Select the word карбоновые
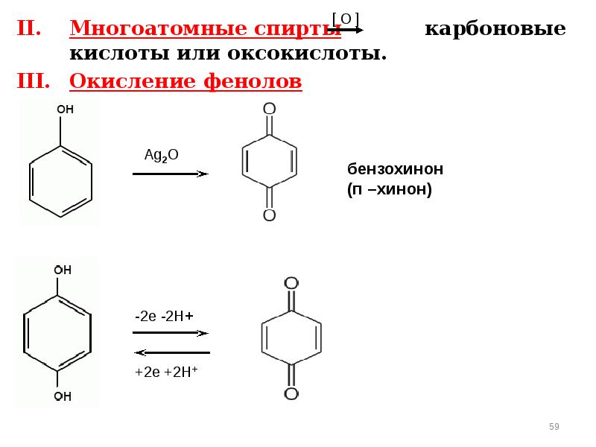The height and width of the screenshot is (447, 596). pos(495,30)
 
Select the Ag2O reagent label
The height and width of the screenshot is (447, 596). pos(161,155)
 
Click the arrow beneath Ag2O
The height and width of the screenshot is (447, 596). pos(170,174)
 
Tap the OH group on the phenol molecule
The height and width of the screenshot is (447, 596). pos(66,109)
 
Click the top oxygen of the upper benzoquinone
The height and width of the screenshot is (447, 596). pos(269,110)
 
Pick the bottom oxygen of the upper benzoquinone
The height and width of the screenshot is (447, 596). pos(269,215)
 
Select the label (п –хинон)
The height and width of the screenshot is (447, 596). pos(389,190)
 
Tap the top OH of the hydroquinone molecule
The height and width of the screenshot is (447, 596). pos(63,270)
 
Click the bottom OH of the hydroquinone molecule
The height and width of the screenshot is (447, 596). pos(63,396)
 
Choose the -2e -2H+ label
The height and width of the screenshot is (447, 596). pos(165,316)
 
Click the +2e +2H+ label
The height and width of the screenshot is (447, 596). pos(165,371)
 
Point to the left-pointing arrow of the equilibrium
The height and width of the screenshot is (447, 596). pos(171,352)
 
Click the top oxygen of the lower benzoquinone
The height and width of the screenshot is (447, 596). pos(291,283)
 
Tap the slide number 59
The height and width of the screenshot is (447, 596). pos(554,426)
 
